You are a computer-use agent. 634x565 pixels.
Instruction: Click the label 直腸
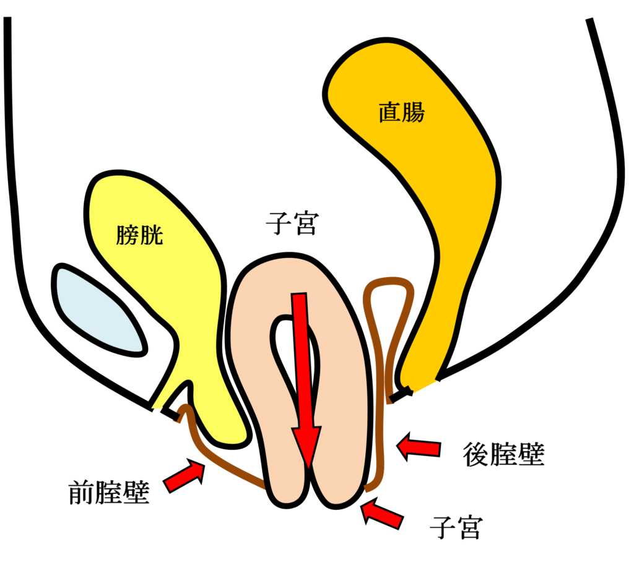click(x=402, y=113)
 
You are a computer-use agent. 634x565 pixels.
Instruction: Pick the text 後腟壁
click(x=503, y=455)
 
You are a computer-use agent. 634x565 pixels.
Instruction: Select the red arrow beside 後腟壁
click(x=419, y=447)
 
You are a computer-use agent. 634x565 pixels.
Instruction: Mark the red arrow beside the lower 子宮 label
click(x=382, y=513)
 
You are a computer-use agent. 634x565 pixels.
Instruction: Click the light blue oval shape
click(x=99, y=309)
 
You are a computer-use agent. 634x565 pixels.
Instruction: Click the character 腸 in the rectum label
click(x=414, y=113)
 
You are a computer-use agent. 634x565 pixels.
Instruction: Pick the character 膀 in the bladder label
click(x=128, y=235)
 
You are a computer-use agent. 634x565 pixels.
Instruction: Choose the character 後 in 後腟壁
click(x=476, y=455)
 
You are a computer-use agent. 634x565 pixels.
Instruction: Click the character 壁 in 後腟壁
click(x=531, y=455)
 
